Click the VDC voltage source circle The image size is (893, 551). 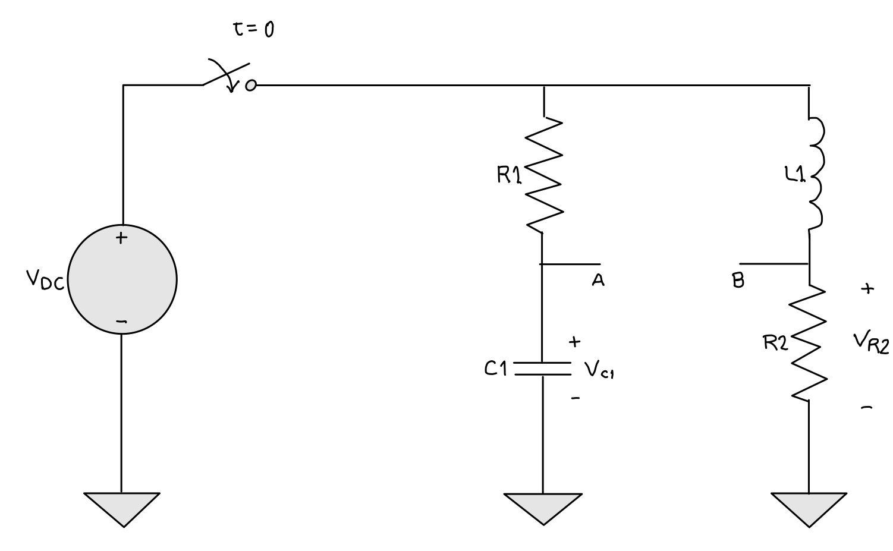(x=122, y=279)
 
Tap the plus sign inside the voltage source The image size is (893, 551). (x=121, y=238)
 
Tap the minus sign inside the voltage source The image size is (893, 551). (x=121, y=322)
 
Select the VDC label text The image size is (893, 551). (x=45, y=279)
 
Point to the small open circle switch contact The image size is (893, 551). (x=251, y=86)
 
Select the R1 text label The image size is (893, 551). (x=509, y=175)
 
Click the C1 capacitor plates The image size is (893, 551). (x=543, y=369)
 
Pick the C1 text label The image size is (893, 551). (x=495, y=369)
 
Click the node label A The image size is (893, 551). (x=598, y=281)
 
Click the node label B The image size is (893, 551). (x=738, y=281)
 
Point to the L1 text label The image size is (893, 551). (x=795, y=174)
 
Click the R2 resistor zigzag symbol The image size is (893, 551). (x=809, y=344)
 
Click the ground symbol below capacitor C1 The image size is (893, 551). (x=543, y=508)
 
